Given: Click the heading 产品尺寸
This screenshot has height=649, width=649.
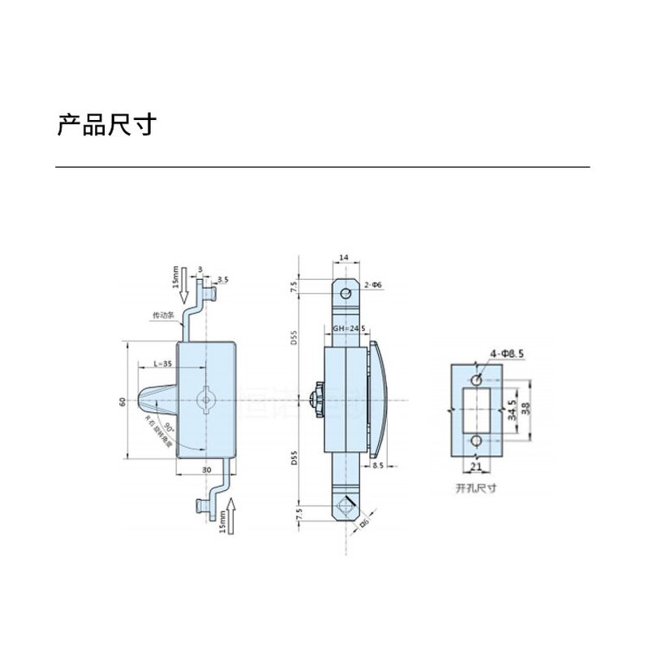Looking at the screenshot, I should point(105,126).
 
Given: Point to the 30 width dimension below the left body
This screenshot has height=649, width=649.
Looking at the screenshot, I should point(206,470).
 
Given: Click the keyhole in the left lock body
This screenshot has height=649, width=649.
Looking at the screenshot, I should point(206,400).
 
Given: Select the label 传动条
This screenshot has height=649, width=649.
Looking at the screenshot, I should point(164,315).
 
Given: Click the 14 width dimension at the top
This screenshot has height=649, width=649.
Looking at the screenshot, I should point(344,257).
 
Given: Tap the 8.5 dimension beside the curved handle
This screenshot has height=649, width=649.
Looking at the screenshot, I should point(377,466).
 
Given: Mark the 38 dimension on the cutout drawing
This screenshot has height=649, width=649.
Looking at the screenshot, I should point(527,410).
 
